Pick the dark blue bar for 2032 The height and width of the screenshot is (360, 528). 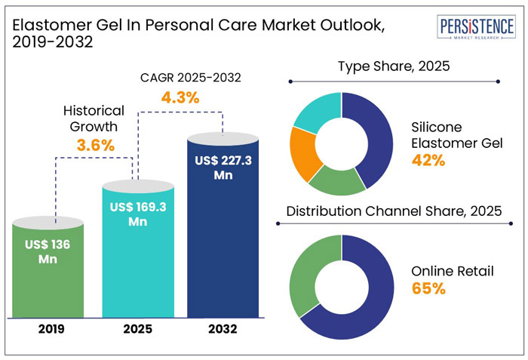(223, 242)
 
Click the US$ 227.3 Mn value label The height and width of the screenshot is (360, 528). (223, 167)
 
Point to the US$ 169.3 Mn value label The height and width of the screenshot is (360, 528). (137, 214)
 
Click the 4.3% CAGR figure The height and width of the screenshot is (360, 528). (180, 97)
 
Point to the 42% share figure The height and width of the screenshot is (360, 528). (428, 160)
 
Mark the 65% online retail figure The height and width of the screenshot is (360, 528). (428, 288)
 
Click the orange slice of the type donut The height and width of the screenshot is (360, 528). (305, 154)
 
